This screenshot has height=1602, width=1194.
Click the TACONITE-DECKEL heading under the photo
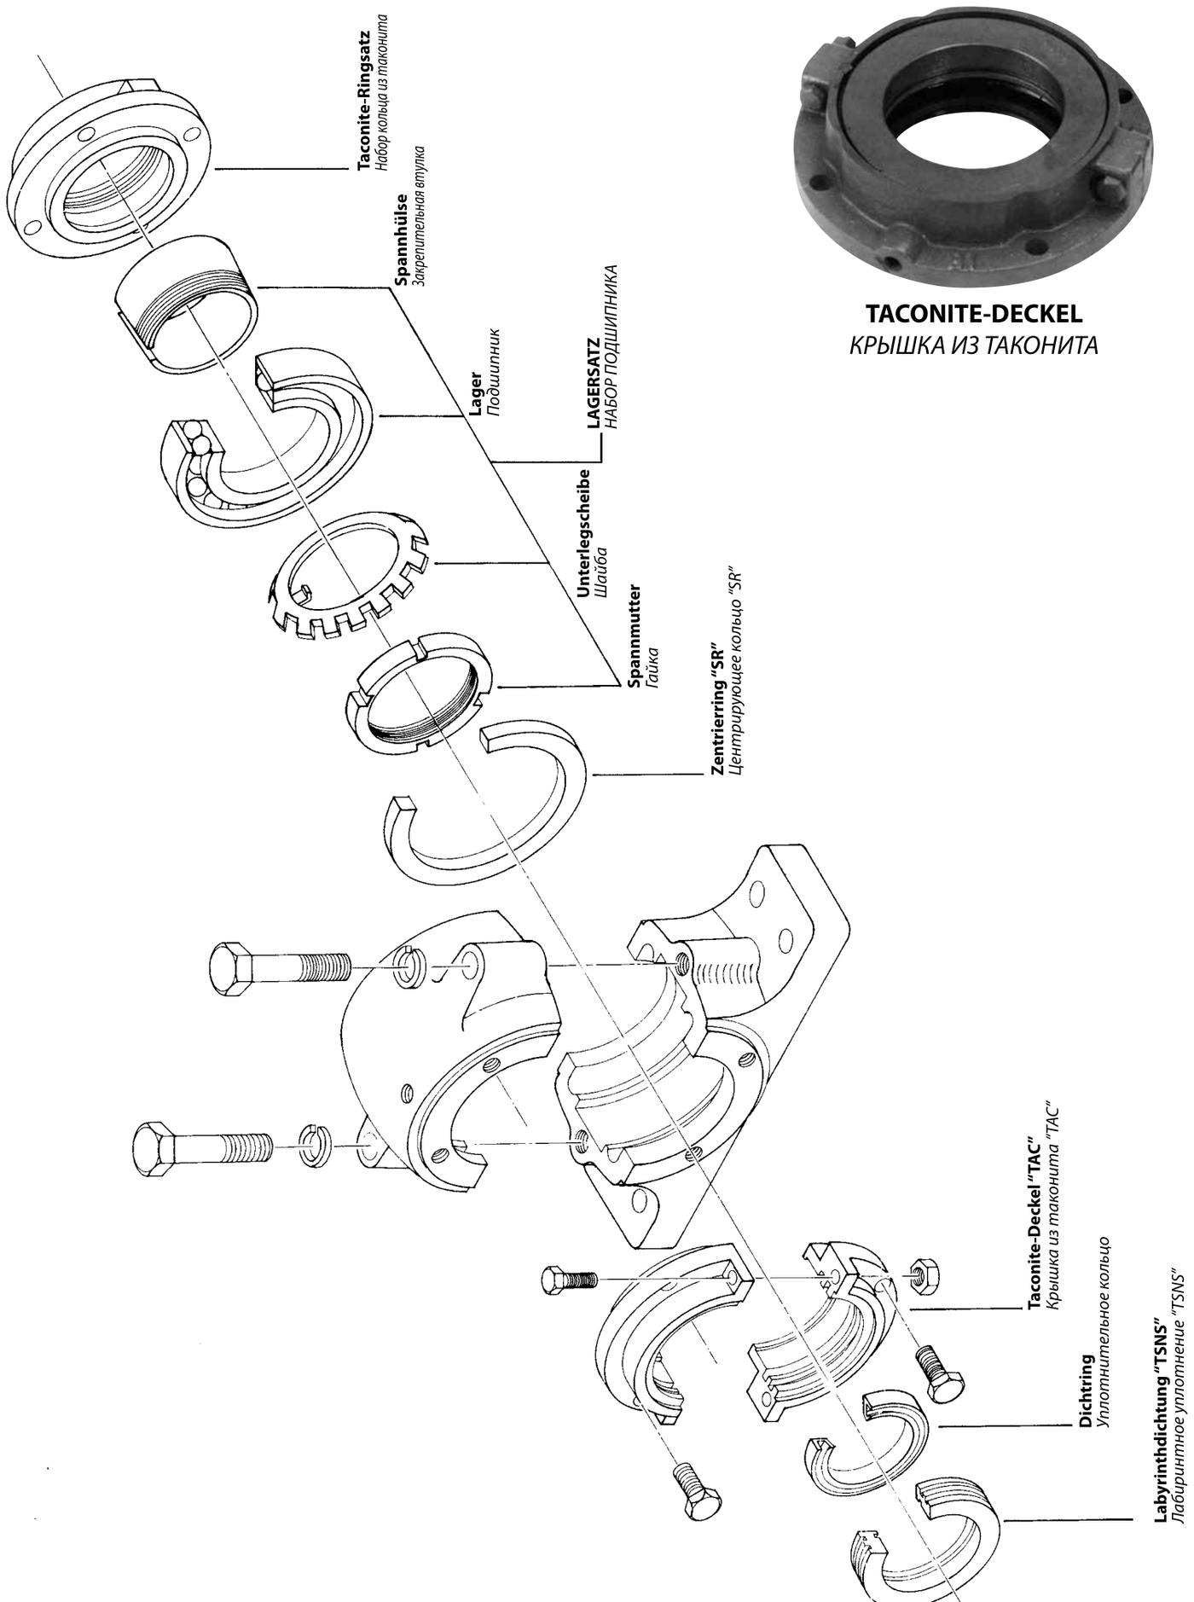pos(974,314)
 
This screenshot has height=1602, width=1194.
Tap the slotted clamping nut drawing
pos(419,692)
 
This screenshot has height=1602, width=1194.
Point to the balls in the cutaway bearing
pos(199,461)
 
